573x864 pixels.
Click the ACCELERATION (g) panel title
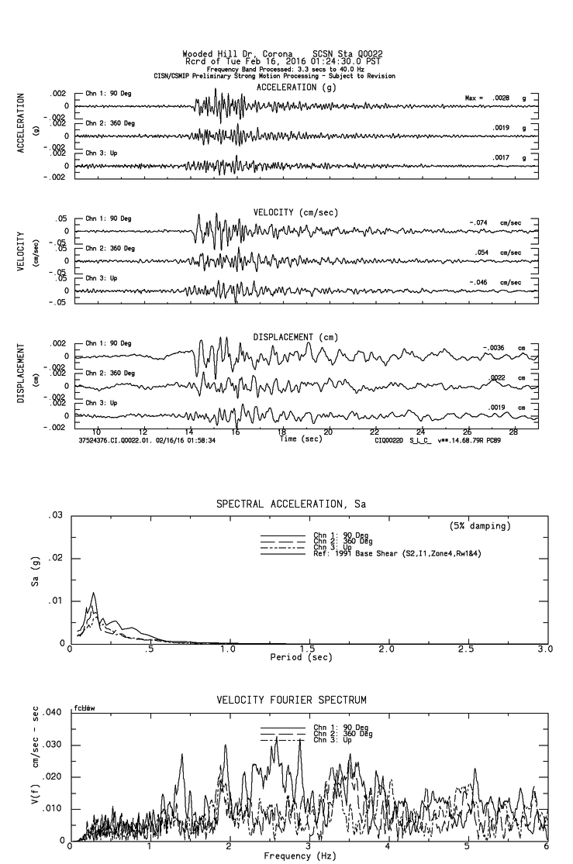click(x=297, y=88)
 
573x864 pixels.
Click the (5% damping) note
click(x=479, y=526)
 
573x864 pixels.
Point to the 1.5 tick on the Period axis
click(x=307, y=649)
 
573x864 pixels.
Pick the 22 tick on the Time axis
click(x=375, y=432)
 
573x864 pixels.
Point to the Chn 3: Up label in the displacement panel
click(x=102, y=403)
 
